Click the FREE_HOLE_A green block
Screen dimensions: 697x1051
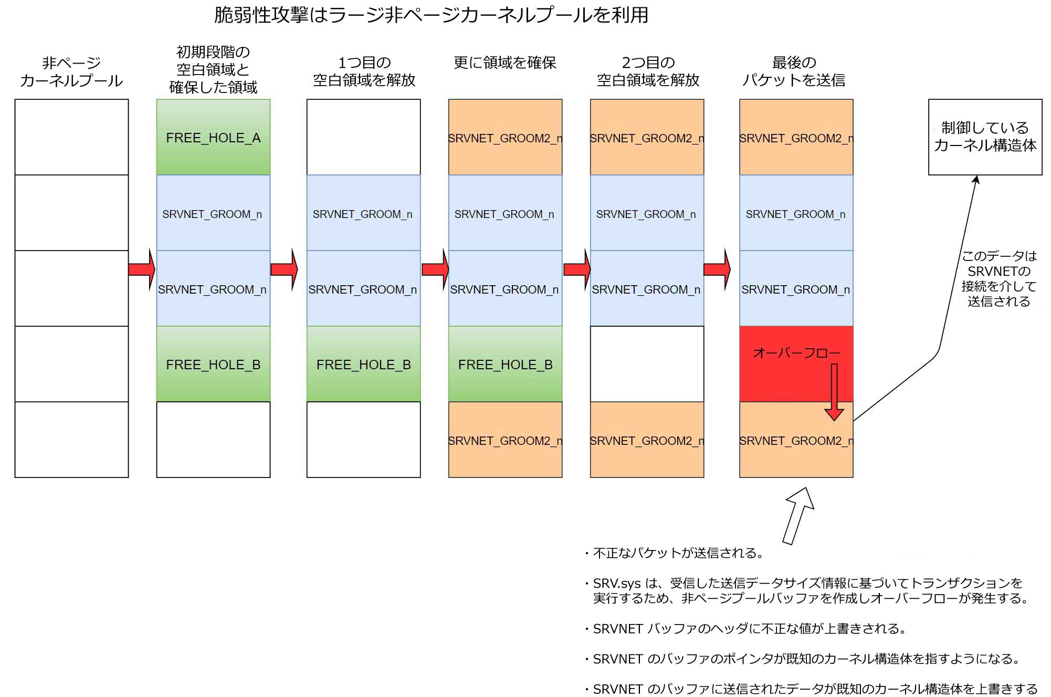tap(213, 137)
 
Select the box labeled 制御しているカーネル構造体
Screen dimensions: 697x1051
tap(985, 137)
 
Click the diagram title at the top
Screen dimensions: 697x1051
tap(431, 15)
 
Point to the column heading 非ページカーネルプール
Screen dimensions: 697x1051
tap(71, 71)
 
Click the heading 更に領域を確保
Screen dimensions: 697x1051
tap(505, 63)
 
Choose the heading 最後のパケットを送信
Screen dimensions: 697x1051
tap(794, 71)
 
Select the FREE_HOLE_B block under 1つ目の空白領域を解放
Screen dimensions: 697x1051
tap(363, 364)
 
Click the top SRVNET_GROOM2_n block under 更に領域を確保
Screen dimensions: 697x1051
tap(505, 137)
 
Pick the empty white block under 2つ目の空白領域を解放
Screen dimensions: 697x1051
tap(647, 364)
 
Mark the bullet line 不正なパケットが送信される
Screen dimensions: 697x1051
tap(677, 553)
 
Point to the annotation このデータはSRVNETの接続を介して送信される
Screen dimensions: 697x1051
tap(999, 278)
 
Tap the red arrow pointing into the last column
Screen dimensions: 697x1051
tap(717, 269)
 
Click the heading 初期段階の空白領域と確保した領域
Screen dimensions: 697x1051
tap(213, 69)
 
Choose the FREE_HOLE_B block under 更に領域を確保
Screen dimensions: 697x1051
tap(505, 364)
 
